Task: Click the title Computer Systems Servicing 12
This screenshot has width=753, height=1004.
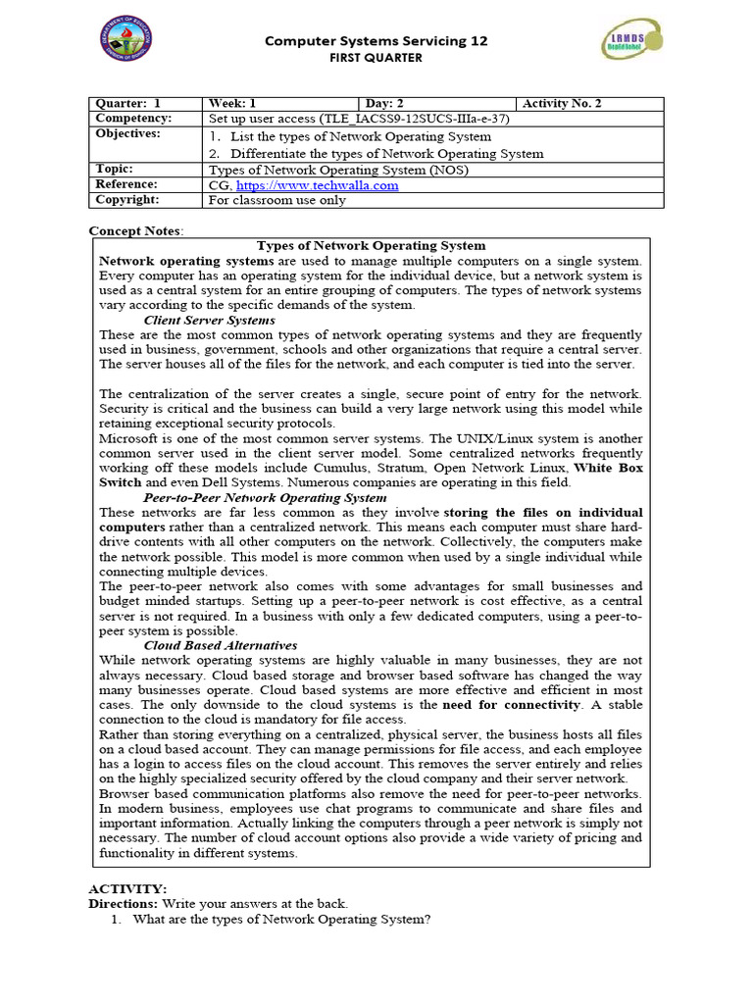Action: point(376,41)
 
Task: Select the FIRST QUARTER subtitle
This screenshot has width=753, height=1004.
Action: point(376,58)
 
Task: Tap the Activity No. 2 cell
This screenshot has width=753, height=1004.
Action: point(563,104)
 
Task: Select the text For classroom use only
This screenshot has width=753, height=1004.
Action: point(277,200)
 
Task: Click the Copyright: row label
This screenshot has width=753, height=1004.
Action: point(126,200)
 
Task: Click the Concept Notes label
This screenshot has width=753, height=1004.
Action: point(135,230)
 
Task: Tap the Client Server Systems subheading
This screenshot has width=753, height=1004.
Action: point(209,321)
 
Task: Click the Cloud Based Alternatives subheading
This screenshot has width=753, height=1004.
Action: point(221,646)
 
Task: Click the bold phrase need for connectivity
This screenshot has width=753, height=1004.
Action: point(511,705)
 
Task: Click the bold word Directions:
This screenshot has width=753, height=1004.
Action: point(124,903)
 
